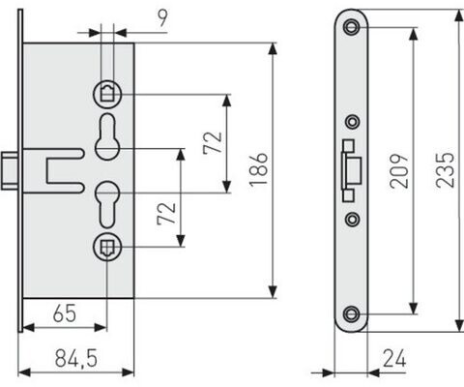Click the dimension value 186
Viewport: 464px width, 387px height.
click(x=259, y=170)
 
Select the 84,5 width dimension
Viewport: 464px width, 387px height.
click(x=76, y=358)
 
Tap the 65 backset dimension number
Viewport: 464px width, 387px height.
click(x=65, y=313)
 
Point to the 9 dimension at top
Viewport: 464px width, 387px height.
click(x=163, y=18)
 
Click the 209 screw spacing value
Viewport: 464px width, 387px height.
click(x=399, y=171)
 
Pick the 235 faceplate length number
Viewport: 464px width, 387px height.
click(x=445, y=170)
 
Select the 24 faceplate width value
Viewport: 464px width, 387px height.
click(x=394, y=358)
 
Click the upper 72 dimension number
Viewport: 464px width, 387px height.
click(x=213, y=143)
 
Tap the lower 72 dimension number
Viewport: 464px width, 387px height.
click(x=166, y=214)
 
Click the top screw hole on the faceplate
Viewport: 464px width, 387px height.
click(x=351, y=27)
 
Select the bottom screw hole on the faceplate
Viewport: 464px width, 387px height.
click(x=351, y=313)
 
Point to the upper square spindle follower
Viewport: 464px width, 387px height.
click(x=107, y=94)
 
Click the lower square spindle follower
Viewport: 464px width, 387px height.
click(x=107, y=247)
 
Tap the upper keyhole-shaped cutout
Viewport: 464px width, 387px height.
click(x=107, y=136)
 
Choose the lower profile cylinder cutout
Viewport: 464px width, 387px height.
click(x=107, y=204)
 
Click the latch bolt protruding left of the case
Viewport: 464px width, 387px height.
click(x=10, y=170)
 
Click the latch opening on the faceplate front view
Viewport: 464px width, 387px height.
click(x=351, y=170)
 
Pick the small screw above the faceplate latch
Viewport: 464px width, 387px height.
click(x=353, y=122)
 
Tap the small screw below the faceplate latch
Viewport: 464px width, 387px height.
click(x=353, y=220)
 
